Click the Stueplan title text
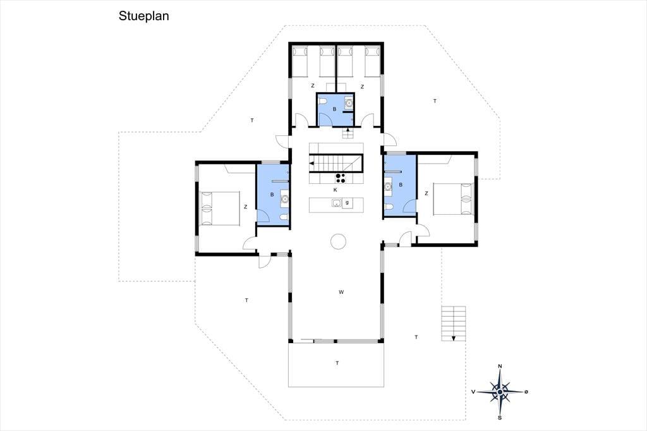(143, 16)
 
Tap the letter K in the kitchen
(335, 190)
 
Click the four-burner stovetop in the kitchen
(341, 178)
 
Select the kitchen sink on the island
(336, 203)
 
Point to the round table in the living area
(338, 241)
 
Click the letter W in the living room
(341, 293)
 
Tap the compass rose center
(500, 392)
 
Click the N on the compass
(500, 366)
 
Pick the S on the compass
(500, 418)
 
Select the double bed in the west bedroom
(220, 208)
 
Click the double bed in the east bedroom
(452, 199)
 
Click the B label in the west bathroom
(272, 195)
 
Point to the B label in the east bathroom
(401, 185)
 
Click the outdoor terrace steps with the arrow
(454, 324)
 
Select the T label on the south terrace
(337, 363)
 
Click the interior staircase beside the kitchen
(336, 162)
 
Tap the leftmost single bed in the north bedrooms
(300, 61)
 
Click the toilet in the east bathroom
(389, 207)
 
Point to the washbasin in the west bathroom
(284, 200)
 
